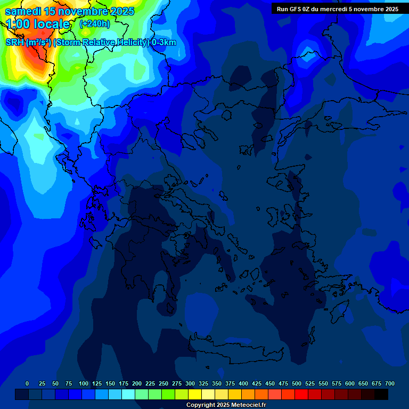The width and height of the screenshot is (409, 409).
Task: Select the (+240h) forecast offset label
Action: (x=94, y=23)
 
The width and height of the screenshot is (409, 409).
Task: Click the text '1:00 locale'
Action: (x=38, y=24)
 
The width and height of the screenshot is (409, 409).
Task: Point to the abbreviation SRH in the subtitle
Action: (x=15, y=43)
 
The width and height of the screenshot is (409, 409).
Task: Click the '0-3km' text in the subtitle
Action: (x=164, y=43)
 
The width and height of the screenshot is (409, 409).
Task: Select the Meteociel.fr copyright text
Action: (x=226, y=405)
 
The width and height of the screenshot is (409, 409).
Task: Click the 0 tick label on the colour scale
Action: (x=27, y=383)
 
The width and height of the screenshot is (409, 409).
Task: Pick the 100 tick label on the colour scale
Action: (x=84, y=383)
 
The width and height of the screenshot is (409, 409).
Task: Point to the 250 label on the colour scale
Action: (x=163, y=383)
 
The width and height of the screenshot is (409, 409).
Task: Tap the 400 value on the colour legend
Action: (x=243, y=383)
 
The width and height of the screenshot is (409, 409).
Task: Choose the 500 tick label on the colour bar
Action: (x=297, y=383)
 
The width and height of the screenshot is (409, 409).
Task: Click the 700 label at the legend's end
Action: (x=390, y=383)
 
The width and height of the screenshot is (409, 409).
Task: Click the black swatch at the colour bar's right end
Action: (x=381, y=394)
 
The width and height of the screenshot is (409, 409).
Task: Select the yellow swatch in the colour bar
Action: (x=195, y=394)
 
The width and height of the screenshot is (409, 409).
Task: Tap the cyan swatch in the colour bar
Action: (x=128, y=394)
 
